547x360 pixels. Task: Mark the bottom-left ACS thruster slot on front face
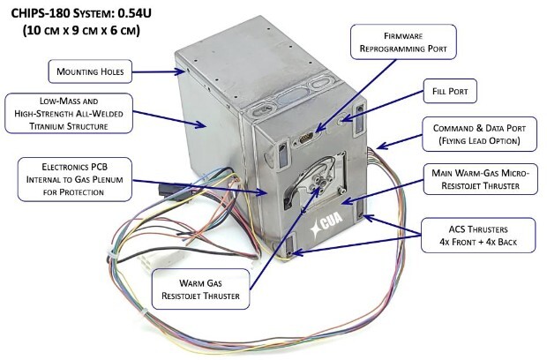click(x=287, y=242)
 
